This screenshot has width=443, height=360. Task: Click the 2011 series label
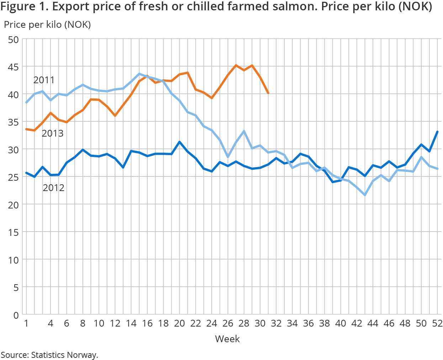44,80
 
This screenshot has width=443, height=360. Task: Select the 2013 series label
53,133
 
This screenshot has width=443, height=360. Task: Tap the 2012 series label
54,188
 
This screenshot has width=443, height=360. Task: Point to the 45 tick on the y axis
13,67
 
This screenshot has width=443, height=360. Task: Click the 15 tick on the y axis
13,232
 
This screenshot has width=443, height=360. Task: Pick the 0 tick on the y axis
16,315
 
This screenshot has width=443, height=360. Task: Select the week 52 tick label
437,323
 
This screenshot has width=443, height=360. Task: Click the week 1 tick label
26,323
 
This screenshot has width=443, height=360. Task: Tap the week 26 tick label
228,323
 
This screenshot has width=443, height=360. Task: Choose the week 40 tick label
341,323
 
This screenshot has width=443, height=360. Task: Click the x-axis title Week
227,339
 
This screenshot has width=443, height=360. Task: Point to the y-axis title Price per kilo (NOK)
47,25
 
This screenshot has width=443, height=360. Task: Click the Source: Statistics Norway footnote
49,355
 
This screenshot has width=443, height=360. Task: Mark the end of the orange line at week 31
268,93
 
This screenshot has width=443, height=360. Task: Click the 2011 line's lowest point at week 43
365,195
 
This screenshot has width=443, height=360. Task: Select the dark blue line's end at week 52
437,132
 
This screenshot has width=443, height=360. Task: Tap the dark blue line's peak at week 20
179,142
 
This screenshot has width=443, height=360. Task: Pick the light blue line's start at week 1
26,102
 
